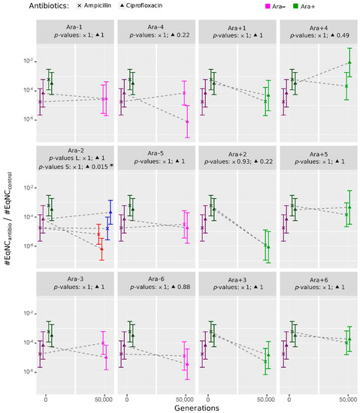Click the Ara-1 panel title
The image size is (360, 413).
coord(74,26)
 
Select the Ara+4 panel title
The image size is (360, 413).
coord(316,26)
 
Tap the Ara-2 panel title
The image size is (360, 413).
coord(74,151)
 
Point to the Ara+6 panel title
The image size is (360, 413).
coord(316,278)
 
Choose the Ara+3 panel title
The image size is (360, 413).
coord(235,278)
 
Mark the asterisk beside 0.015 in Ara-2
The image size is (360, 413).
coord(111,166)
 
